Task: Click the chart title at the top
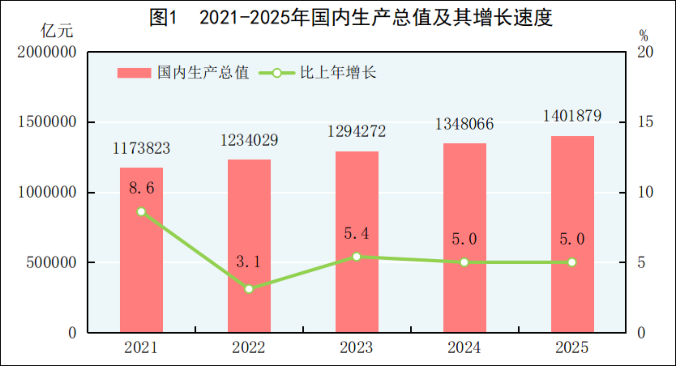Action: [351, 17]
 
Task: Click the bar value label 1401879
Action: [572, 116]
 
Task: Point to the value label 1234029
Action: [249, 140]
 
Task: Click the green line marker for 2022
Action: [249, 289]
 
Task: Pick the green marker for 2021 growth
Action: [141, 211]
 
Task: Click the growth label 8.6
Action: [141, 188]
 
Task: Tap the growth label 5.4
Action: [356, 234]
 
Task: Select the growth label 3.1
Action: [249, 262]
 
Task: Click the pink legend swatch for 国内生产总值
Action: [134, 73]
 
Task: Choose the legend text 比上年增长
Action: [338, 73]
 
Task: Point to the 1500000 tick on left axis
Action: [47, 122]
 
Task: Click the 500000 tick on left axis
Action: [51, 262]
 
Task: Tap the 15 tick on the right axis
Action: [645, 122]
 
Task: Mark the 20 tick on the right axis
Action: [645, 52]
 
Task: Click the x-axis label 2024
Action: [464, 347]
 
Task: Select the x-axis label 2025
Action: [572, 347]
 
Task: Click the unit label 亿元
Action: [57, 31]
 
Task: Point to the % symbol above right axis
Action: [643, 35]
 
